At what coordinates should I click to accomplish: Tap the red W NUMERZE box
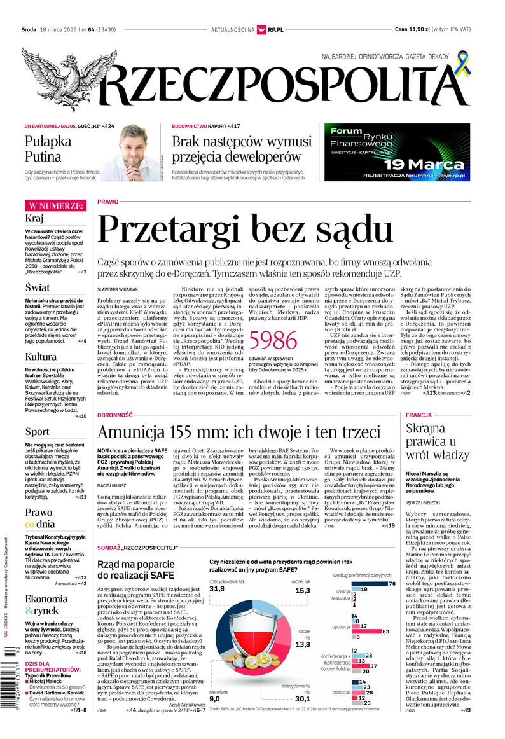55,205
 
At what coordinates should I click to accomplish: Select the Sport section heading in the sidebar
37,432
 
